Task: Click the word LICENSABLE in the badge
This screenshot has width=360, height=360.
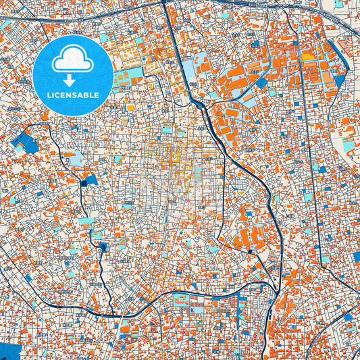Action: (x=72, y=96)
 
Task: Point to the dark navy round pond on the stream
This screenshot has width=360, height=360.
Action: (x=102, y=247)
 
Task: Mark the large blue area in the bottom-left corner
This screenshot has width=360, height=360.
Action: (x=9, y=351)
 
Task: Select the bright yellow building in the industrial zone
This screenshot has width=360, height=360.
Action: (x=307, y=57)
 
